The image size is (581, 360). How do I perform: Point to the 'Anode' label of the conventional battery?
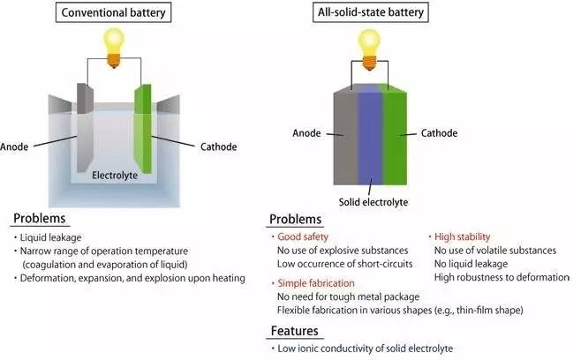pyautogui.click(x=17, y=146)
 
